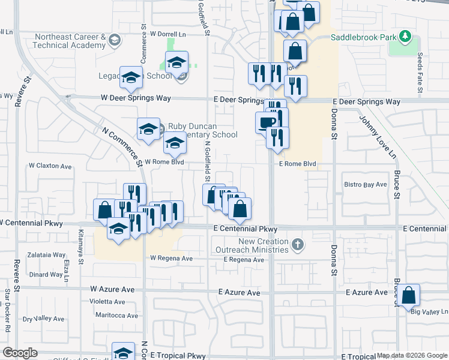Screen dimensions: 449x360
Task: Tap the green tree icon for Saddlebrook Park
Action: (406, 37)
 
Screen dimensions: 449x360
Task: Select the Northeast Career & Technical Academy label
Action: (69, 41)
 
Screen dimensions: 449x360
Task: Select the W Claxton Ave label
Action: (50, 166)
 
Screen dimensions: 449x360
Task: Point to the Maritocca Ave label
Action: (118, 316)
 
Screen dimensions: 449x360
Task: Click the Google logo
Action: (20, 353)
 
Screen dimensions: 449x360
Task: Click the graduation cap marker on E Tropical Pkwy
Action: (123, 353)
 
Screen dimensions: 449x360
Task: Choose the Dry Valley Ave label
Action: (43, 319)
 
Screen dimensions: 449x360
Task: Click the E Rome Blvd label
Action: (297, 164)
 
